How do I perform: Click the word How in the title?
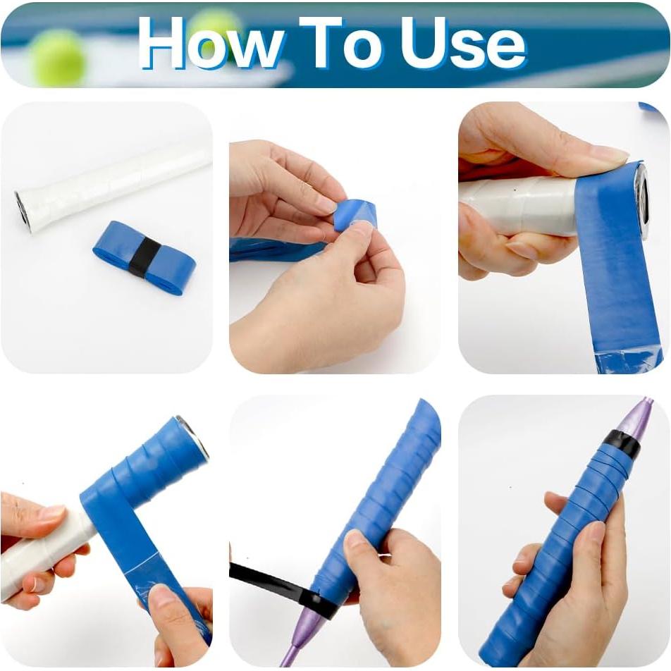tap(211, 44)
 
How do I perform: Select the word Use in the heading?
tap(462, 44)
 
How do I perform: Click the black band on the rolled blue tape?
tap(144, 257)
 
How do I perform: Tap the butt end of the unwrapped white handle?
tap(23, 209)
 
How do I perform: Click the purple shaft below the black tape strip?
tap(296, 638)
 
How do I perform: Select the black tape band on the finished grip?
tap(621, 444)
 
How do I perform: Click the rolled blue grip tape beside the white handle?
tap(144, 257)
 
